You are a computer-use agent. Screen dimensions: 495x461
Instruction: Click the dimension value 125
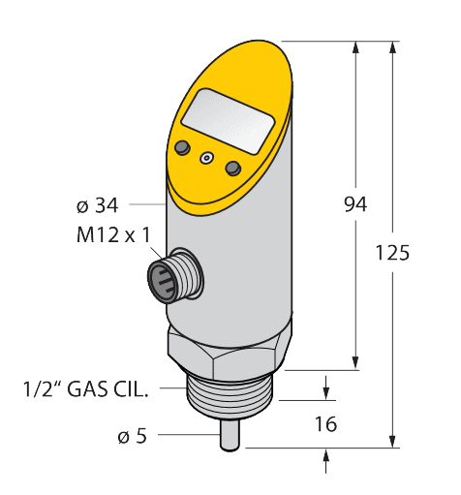(391, 253)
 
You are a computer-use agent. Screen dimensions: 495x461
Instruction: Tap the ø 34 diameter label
(96, 205)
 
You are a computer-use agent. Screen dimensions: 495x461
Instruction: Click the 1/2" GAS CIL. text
(86, 390)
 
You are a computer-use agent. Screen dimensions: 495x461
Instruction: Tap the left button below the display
(180, 147)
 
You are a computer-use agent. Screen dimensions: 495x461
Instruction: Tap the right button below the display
(231, 169)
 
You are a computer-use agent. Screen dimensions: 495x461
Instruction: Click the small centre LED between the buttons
(205, 158)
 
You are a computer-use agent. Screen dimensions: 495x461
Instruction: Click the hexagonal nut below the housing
(229, 354)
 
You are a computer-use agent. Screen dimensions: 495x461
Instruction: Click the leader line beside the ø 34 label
(144, 204)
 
